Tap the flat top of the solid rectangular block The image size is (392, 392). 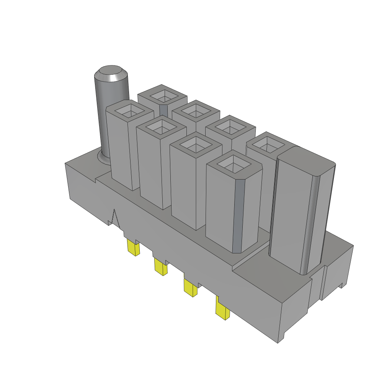point(306,160)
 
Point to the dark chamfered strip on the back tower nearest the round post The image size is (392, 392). point(163,110)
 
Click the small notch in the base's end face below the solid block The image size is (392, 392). point(341,285)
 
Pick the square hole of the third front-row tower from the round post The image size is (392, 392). point(195,146)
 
